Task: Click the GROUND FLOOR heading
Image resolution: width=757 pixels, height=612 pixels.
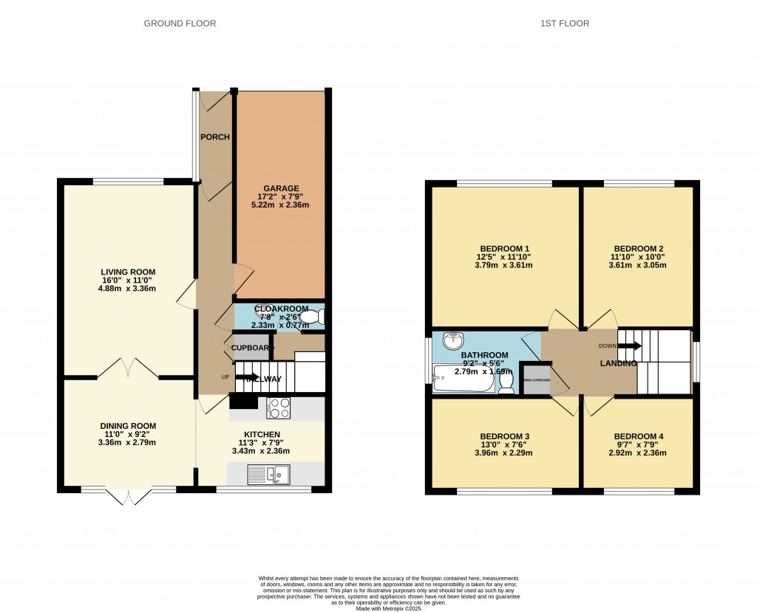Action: tap(180, 24)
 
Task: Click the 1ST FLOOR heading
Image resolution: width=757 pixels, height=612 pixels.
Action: tap(564, 24)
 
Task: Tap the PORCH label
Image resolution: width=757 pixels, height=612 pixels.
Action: tap(215, 137)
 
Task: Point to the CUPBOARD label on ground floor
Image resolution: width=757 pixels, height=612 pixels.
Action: tap(251, 347)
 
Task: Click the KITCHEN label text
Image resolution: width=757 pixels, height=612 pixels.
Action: tap(262, 434)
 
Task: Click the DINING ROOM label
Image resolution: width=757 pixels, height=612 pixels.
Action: tap(129, 425)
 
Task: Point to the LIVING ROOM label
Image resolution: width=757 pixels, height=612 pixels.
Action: tap(129, 272)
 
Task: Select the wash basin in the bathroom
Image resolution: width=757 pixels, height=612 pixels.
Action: tap(452, 340)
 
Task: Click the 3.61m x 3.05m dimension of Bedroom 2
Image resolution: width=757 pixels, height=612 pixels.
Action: tap(639, 266)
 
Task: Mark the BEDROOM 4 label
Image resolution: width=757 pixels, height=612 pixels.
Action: tap(639, 436)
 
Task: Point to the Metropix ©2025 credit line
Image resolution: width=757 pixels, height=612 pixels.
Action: tap(387, 608)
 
